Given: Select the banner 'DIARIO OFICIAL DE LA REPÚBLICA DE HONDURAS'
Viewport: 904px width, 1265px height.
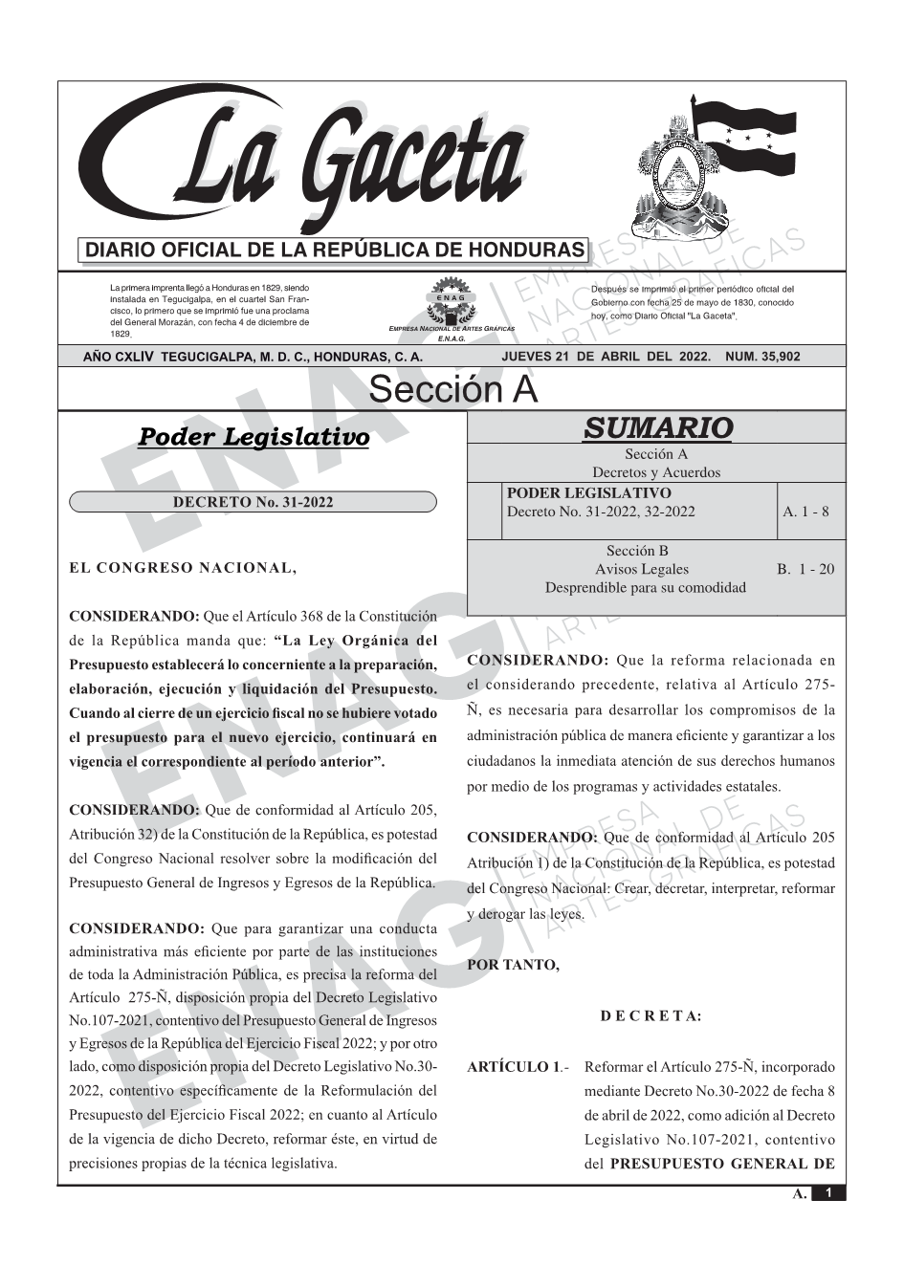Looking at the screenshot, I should [x=335, y=251].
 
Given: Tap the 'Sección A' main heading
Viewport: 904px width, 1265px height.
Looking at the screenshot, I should [x=452, y=390].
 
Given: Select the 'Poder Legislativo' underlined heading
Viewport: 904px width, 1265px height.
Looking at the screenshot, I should [x=254, y=437].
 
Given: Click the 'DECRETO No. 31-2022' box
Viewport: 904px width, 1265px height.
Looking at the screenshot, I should [x=253, y=502].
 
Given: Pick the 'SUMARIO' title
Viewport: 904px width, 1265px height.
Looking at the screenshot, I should [x=657, y=427].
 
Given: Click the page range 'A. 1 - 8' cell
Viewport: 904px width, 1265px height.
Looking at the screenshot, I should [x=805, y=512].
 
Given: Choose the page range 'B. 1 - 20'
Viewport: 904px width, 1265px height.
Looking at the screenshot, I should [x=805, y=569].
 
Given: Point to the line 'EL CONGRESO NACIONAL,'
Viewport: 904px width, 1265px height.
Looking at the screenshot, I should [x=183, y=568].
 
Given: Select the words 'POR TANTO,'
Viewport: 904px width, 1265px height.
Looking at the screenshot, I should [x=513, y=965].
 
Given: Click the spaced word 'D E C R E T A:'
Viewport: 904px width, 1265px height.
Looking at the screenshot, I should [x=651, y=1016].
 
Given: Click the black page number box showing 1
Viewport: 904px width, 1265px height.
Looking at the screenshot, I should [x=828, y=1193].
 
